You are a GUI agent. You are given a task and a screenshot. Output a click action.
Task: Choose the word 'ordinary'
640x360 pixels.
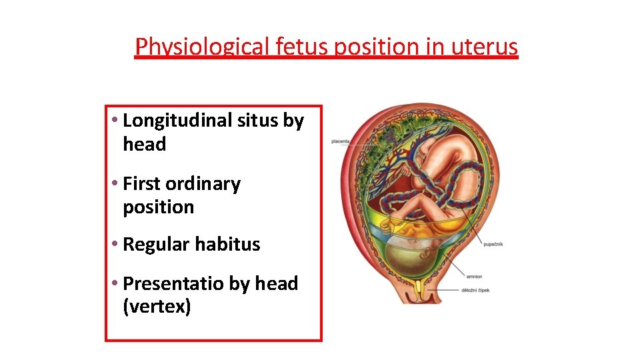pyautogui.click(x=203, y=184)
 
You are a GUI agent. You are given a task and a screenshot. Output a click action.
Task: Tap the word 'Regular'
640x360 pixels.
pyautogui.click(x=156, y=245)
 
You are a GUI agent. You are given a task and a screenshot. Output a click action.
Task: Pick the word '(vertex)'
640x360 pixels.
pyautogui.click(x=157, y=307)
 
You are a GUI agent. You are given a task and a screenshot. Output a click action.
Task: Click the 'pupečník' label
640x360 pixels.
pyautogui.click(x=493, y=244)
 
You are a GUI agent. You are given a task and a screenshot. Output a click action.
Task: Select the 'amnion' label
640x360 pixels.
pyautogui.click(x=475, y=277)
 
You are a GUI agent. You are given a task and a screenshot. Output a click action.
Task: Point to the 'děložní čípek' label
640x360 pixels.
pyautogui.click(x=475, y=290)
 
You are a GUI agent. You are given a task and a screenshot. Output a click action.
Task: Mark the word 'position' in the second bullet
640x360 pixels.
pyautogui.click(x=158, y=207)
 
